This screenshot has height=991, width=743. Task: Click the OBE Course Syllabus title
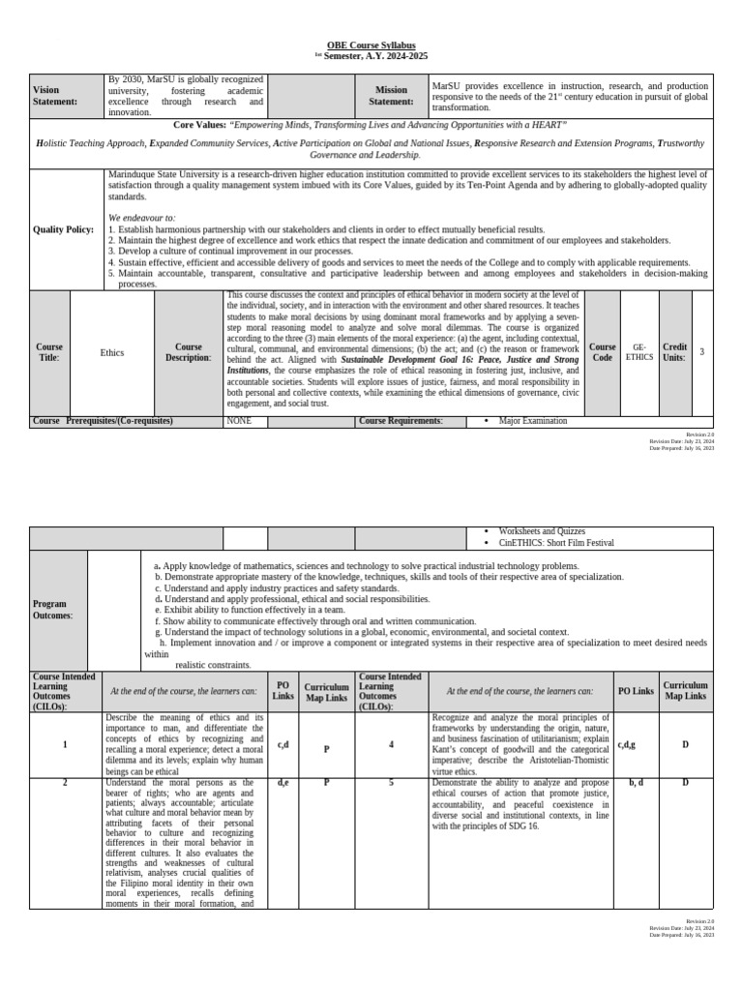pos(371,45)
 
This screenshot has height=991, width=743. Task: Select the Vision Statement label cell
pos(52,96)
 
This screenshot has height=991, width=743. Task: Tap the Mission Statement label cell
pos(391,96)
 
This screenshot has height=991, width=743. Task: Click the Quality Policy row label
pos(64,229)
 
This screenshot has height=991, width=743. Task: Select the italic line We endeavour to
pos(142,219)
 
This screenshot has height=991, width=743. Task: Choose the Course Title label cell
pos(48,352)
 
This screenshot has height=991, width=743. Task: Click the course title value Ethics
pos(112,352)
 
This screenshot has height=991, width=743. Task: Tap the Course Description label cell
pos(188,352)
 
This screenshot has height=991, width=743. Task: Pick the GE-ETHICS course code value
pos(639,351)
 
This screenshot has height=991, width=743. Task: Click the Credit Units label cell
pos(674,351)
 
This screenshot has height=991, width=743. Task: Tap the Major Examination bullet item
pos(532,421)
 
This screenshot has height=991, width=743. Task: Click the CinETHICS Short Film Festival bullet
pos(555,543)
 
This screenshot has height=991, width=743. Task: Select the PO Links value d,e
pos(282,782)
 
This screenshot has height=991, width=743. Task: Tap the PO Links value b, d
pos(636,782)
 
